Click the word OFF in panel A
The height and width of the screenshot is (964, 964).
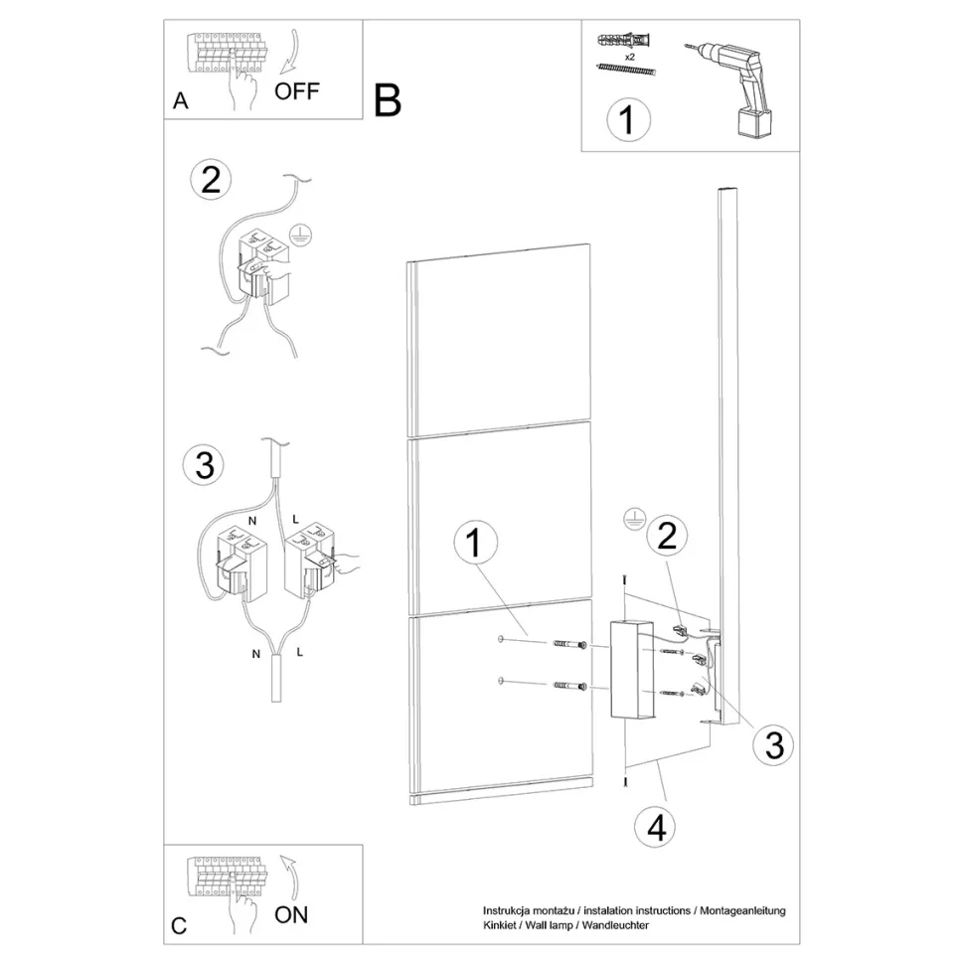[x=296, y=91]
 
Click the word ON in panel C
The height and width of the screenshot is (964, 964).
[x=291, y=915]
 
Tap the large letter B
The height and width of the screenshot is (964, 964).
[x=388, y=100]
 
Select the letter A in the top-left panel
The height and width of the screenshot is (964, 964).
[x=180, y=100]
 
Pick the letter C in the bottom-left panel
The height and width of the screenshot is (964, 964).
[x=179, y=926]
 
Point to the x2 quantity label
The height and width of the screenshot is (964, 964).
[x=629, y=57]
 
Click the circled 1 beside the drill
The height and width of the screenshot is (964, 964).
[x=628, y=119]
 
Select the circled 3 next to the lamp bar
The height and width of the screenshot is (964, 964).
[x=774, y=745]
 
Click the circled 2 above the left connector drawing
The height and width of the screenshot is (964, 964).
[x=211, y=180]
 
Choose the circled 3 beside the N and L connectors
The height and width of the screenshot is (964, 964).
[x=204, y=465]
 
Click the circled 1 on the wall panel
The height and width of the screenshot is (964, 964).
[x=475, y=543]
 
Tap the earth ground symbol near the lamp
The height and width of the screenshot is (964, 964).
[x=634, y=519]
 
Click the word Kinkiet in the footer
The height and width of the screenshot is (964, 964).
[x=499, y=924]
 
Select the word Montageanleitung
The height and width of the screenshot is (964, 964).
[x=742, y=911]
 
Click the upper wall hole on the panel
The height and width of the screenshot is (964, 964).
[x=501, y=640]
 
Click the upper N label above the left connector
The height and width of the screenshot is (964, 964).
[x=252, y=521]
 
